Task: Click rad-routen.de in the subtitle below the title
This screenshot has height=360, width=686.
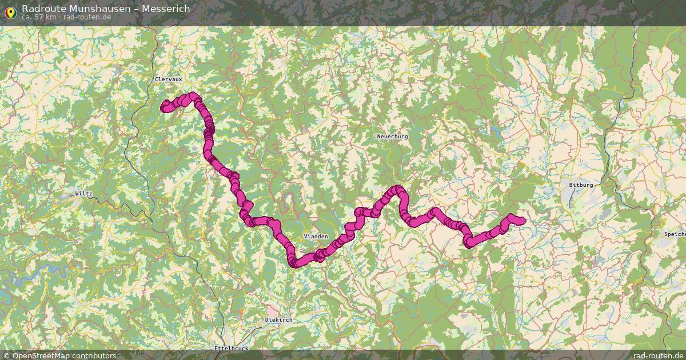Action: [87, 17]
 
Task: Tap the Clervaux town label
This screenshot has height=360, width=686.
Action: [168, 79]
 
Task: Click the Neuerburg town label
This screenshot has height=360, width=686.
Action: [392, 137]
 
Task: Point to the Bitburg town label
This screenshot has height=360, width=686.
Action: [581, 185]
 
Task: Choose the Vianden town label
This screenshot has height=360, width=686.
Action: [316, 237]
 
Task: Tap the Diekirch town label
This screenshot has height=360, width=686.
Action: [279, 320]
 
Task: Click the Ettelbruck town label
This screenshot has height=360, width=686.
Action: [231, 348]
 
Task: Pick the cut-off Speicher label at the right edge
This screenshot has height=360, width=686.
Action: [675, 234]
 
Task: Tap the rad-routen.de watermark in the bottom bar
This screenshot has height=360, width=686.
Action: [658, 355]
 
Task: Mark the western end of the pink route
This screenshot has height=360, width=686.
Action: [165, 107]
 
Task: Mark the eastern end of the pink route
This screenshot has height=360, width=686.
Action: [522, 221]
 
